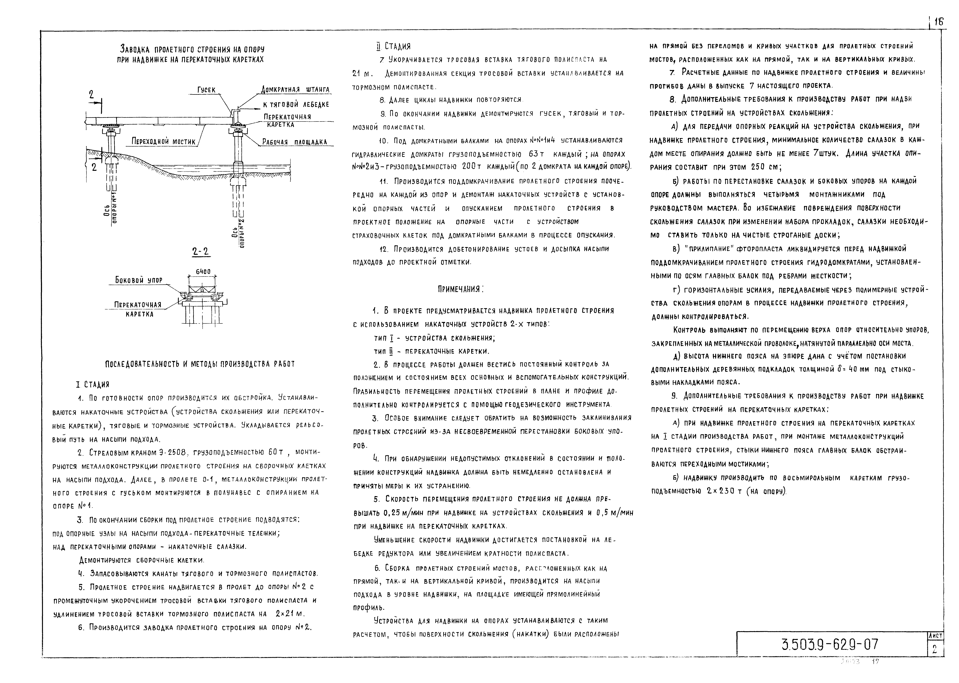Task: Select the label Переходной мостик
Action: pos(164,142)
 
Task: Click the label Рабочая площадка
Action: pos(294,142)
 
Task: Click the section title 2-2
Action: pos(201,252)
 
